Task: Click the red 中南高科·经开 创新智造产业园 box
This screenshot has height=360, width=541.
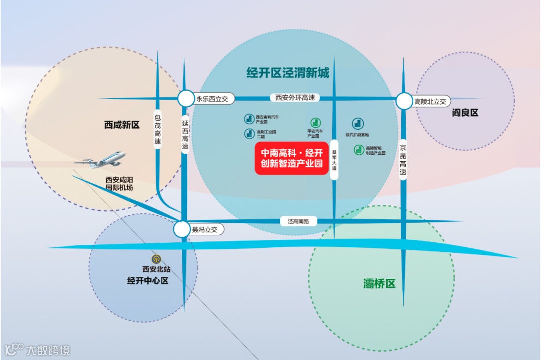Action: [292, 158]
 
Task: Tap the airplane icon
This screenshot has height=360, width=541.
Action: [102, 160]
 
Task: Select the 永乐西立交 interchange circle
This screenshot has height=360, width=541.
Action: [185, 99]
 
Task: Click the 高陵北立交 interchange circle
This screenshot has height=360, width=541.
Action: [404, 101]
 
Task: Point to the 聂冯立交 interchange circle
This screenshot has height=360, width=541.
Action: [181, 230]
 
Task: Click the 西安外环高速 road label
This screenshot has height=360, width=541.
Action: [295, 98]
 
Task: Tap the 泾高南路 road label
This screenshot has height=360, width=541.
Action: [298, 221]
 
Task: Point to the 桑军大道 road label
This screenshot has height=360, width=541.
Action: [334, 160]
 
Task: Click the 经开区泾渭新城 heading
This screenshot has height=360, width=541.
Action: [288, 73]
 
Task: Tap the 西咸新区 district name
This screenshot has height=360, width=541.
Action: [122, 125]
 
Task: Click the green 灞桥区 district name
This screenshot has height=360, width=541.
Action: [379, 284]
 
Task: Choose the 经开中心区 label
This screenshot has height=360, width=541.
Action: [148, 280]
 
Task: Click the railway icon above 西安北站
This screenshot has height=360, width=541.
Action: [156, 259]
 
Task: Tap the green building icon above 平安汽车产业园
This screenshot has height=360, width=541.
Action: [315, 122]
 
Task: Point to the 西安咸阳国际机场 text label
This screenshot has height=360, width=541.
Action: [119, 183]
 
